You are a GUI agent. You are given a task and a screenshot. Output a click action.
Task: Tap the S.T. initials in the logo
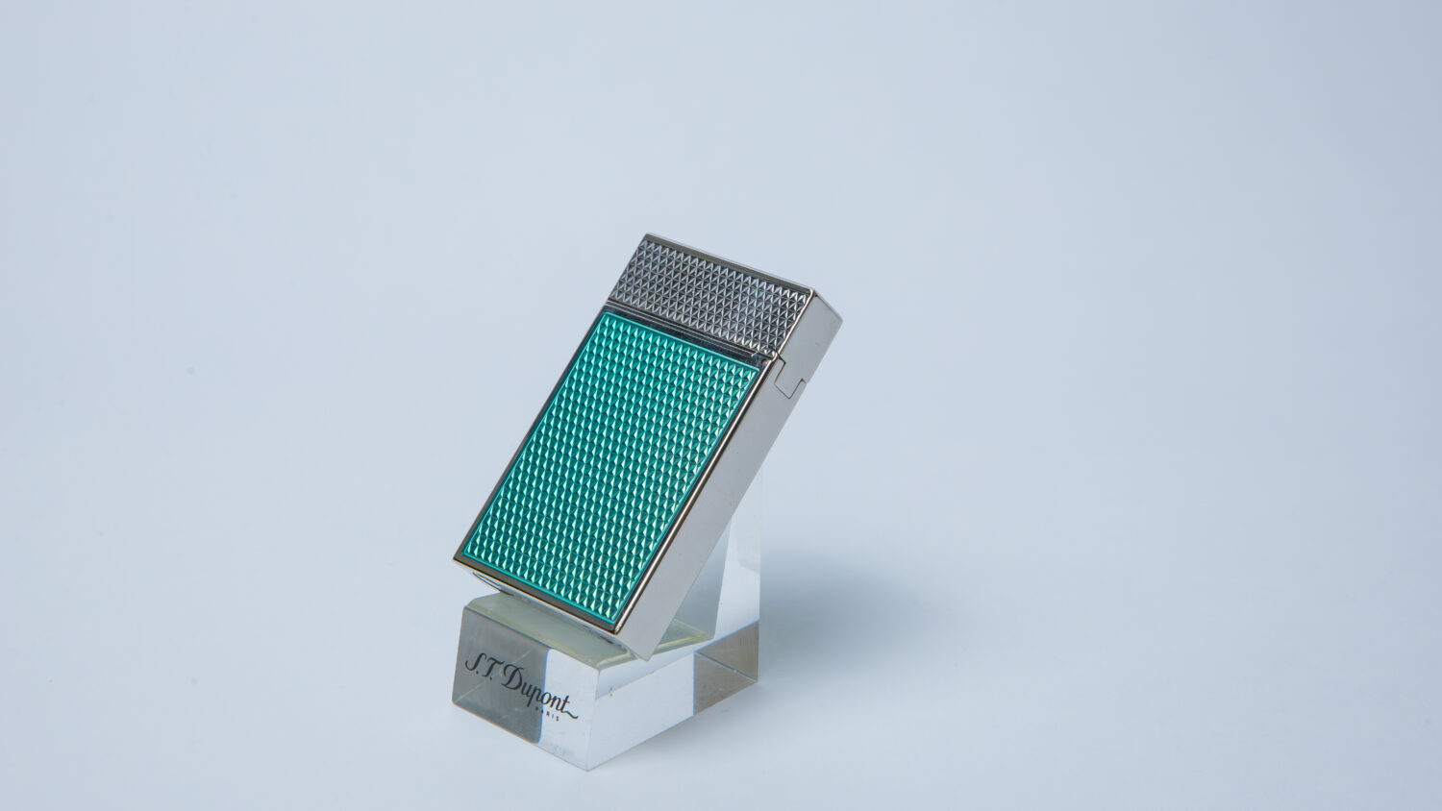[481, 667]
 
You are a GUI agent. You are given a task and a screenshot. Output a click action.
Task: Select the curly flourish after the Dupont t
[569, 711]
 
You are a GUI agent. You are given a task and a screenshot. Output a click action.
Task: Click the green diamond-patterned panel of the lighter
[609, 462]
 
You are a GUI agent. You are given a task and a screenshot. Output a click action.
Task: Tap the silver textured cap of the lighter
[714, 289]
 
